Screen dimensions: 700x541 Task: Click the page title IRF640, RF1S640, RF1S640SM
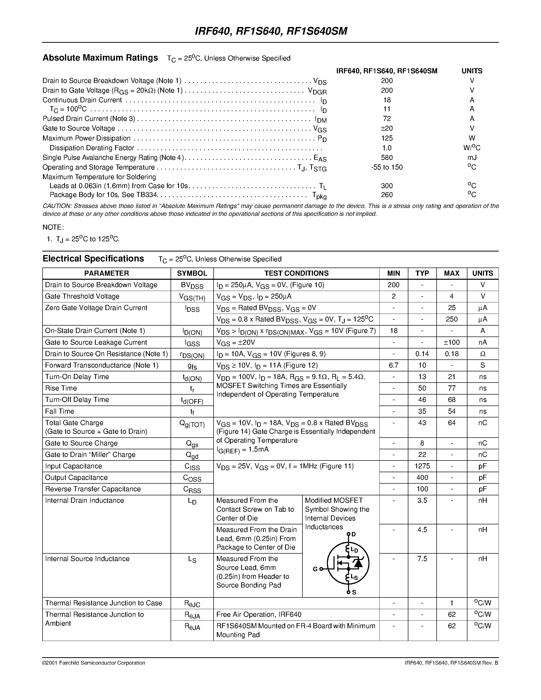(271, 31)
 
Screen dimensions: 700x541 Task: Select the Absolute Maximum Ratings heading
(100, 58)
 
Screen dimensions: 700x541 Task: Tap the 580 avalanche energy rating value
(387, 157)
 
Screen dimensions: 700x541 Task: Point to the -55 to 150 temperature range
(387, 167)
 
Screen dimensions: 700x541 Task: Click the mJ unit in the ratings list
(472, 157)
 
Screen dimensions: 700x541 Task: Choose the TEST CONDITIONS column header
(296, 273)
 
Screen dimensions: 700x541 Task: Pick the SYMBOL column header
(192, 273)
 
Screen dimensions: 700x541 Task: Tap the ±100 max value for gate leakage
(451, 342)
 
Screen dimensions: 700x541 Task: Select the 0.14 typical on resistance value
(422, 354)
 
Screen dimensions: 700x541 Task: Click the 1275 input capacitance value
(422, 466)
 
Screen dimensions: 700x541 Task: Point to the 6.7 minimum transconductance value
(393, 365)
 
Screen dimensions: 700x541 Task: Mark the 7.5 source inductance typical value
(422, 559)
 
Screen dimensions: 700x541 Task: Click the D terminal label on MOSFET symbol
(354, 534)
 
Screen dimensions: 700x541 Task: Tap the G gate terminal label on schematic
(315, 569)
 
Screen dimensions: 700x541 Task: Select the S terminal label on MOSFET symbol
(354, 592)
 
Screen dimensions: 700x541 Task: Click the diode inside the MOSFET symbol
(358, 563)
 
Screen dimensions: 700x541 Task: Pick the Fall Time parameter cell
(60, 411)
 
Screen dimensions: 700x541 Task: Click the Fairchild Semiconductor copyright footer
(94, 663)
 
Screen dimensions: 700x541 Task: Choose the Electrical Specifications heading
(93, 259)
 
